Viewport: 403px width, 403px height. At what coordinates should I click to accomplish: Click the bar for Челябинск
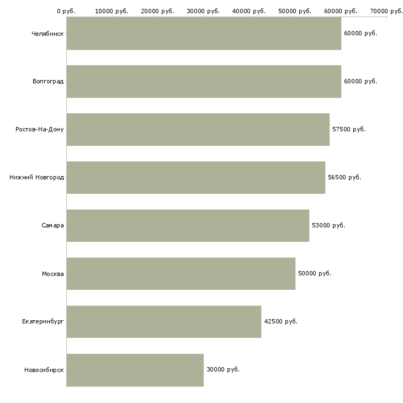pos(204,33)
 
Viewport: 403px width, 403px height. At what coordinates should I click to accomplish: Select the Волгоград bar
pos(204,81)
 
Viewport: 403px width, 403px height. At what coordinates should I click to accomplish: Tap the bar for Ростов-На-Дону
pos(198,129)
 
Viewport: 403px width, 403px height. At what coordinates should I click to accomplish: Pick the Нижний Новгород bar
pos(196,177)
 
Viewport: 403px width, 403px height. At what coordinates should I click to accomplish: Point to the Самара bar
pos(188,225)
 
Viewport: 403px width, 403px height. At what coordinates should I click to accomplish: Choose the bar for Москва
pos(181,273)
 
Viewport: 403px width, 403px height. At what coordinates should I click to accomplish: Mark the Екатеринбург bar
pos(164,321)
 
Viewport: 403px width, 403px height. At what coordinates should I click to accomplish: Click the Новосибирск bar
pos(135,370)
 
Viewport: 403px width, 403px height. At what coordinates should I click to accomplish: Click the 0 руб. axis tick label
pos(66,11)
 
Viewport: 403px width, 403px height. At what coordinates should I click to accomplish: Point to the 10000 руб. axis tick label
pos(112,11)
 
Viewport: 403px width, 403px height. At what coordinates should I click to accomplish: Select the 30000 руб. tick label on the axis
pos(203,11)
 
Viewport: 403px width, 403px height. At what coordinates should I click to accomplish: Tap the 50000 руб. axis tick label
pos(295,11)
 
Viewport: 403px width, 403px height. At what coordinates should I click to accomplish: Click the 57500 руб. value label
pos(349,129)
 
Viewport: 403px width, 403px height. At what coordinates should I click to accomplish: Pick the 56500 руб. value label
pos(344,177)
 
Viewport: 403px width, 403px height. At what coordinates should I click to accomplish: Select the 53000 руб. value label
pos(328,225)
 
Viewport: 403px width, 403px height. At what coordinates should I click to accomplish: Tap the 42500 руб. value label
pos(280,321)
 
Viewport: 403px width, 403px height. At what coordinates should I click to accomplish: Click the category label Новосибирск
pos(44,370)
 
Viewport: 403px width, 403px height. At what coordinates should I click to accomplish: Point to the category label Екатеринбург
pos(43,321)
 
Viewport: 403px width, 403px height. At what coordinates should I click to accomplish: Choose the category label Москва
pos(52,274)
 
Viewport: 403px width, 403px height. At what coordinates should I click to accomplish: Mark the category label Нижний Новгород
pos(37,177)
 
